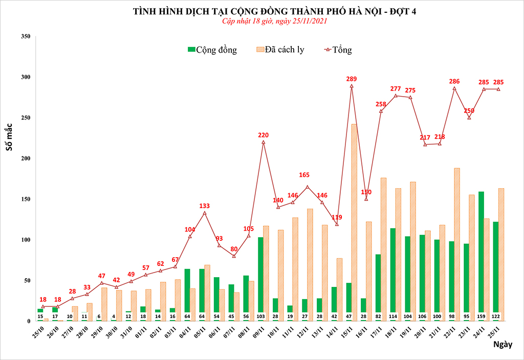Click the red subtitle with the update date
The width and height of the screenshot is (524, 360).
pos(274,21)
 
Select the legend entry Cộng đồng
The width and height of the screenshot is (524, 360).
pos(212,50)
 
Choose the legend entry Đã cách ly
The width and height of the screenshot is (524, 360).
pos(279,50)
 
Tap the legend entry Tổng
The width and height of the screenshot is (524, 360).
pos(338,50)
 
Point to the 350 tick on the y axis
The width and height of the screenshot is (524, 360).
pos(25,36)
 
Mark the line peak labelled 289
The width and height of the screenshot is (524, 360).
pos(352,86)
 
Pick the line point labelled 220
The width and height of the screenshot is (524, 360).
pos(264,142)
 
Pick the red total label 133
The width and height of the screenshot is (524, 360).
pos(205,206)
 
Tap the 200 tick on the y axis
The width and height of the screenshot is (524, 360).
pos(25,159)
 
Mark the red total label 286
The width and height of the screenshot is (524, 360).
pos(454,81)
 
